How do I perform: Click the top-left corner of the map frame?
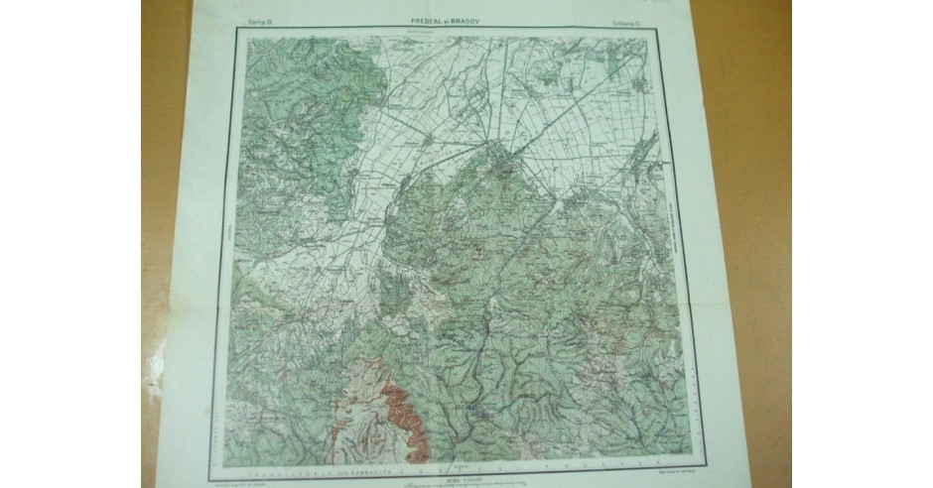coord(235,30)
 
